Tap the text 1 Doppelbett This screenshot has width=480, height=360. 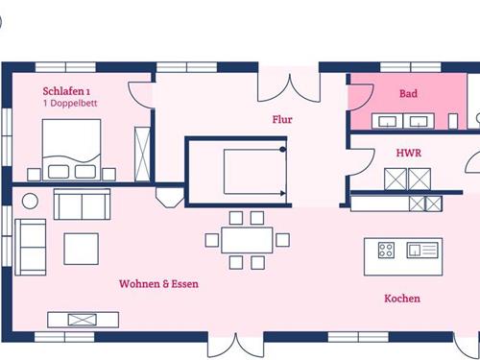pos(70,103)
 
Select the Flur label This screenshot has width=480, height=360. pos(281,120)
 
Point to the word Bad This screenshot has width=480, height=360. pos(408,94)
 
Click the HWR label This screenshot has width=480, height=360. pos(409,152)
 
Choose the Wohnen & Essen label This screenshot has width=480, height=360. pos(158,284)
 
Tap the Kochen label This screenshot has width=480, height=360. pos(401,299)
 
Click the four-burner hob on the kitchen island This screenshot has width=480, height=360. pos(386,251)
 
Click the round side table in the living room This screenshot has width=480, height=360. pos(30,200)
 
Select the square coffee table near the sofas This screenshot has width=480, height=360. pos(81,249)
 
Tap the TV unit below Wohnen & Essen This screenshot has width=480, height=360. pos(83,319)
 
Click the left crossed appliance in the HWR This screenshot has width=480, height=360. pos(395,179)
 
